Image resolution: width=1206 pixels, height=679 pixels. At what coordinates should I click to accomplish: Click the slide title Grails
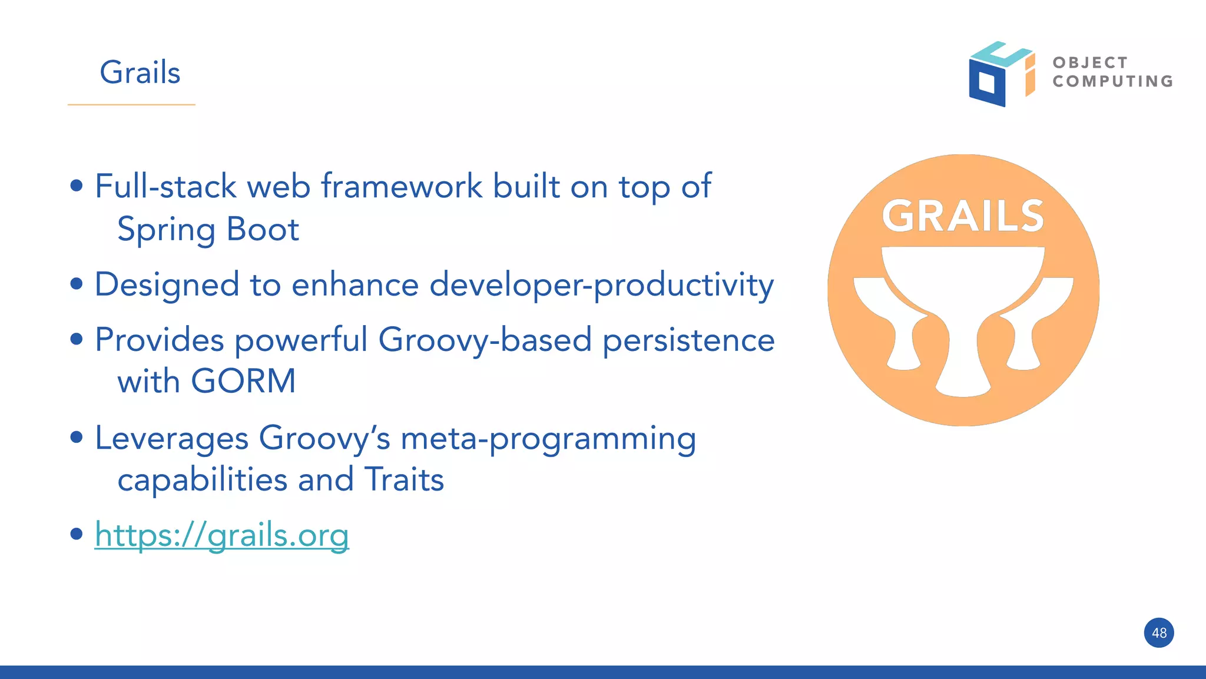[x=140, y=72]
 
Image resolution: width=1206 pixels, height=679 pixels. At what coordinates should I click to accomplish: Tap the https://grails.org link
[x=221, y=535]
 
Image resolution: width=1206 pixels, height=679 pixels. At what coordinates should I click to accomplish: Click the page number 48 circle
[x=1158, y=633]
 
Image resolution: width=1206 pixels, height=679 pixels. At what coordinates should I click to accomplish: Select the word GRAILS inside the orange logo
[x=963, y=216]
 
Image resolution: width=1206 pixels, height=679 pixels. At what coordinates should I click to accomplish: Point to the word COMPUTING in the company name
[x=1113, y=81]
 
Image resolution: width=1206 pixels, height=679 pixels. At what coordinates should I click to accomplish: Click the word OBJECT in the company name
[x=1090, y=62]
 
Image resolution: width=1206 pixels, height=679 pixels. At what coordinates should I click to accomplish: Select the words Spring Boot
[x=208, y=229]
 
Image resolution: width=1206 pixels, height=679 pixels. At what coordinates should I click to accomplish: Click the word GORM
[x=243, y=381]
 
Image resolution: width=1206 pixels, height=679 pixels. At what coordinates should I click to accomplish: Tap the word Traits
[x=404, y=479]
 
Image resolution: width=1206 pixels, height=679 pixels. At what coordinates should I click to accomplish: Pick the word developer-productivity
[x=601, y=285]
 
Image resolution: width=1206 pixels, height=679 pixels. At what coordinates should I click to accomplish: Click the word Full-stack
[x=165, y=187]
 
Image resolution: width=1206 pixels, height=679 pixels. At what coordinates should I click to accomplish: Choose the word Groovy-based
[x=485, y=340]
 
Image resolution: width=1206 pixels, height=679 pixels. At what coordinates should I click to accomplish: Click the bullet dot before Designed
[x=76, y=284]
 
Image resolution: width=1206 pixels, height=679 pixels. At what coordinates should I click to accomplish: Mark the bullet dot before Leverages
[x=76, y=438]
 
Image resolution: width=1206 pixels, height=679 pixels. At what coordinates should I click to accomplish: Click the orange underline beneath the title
[x=131, y=105]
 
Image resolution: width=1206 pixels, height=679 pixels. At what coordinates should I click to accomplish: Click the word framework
[x=402, y=187]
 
